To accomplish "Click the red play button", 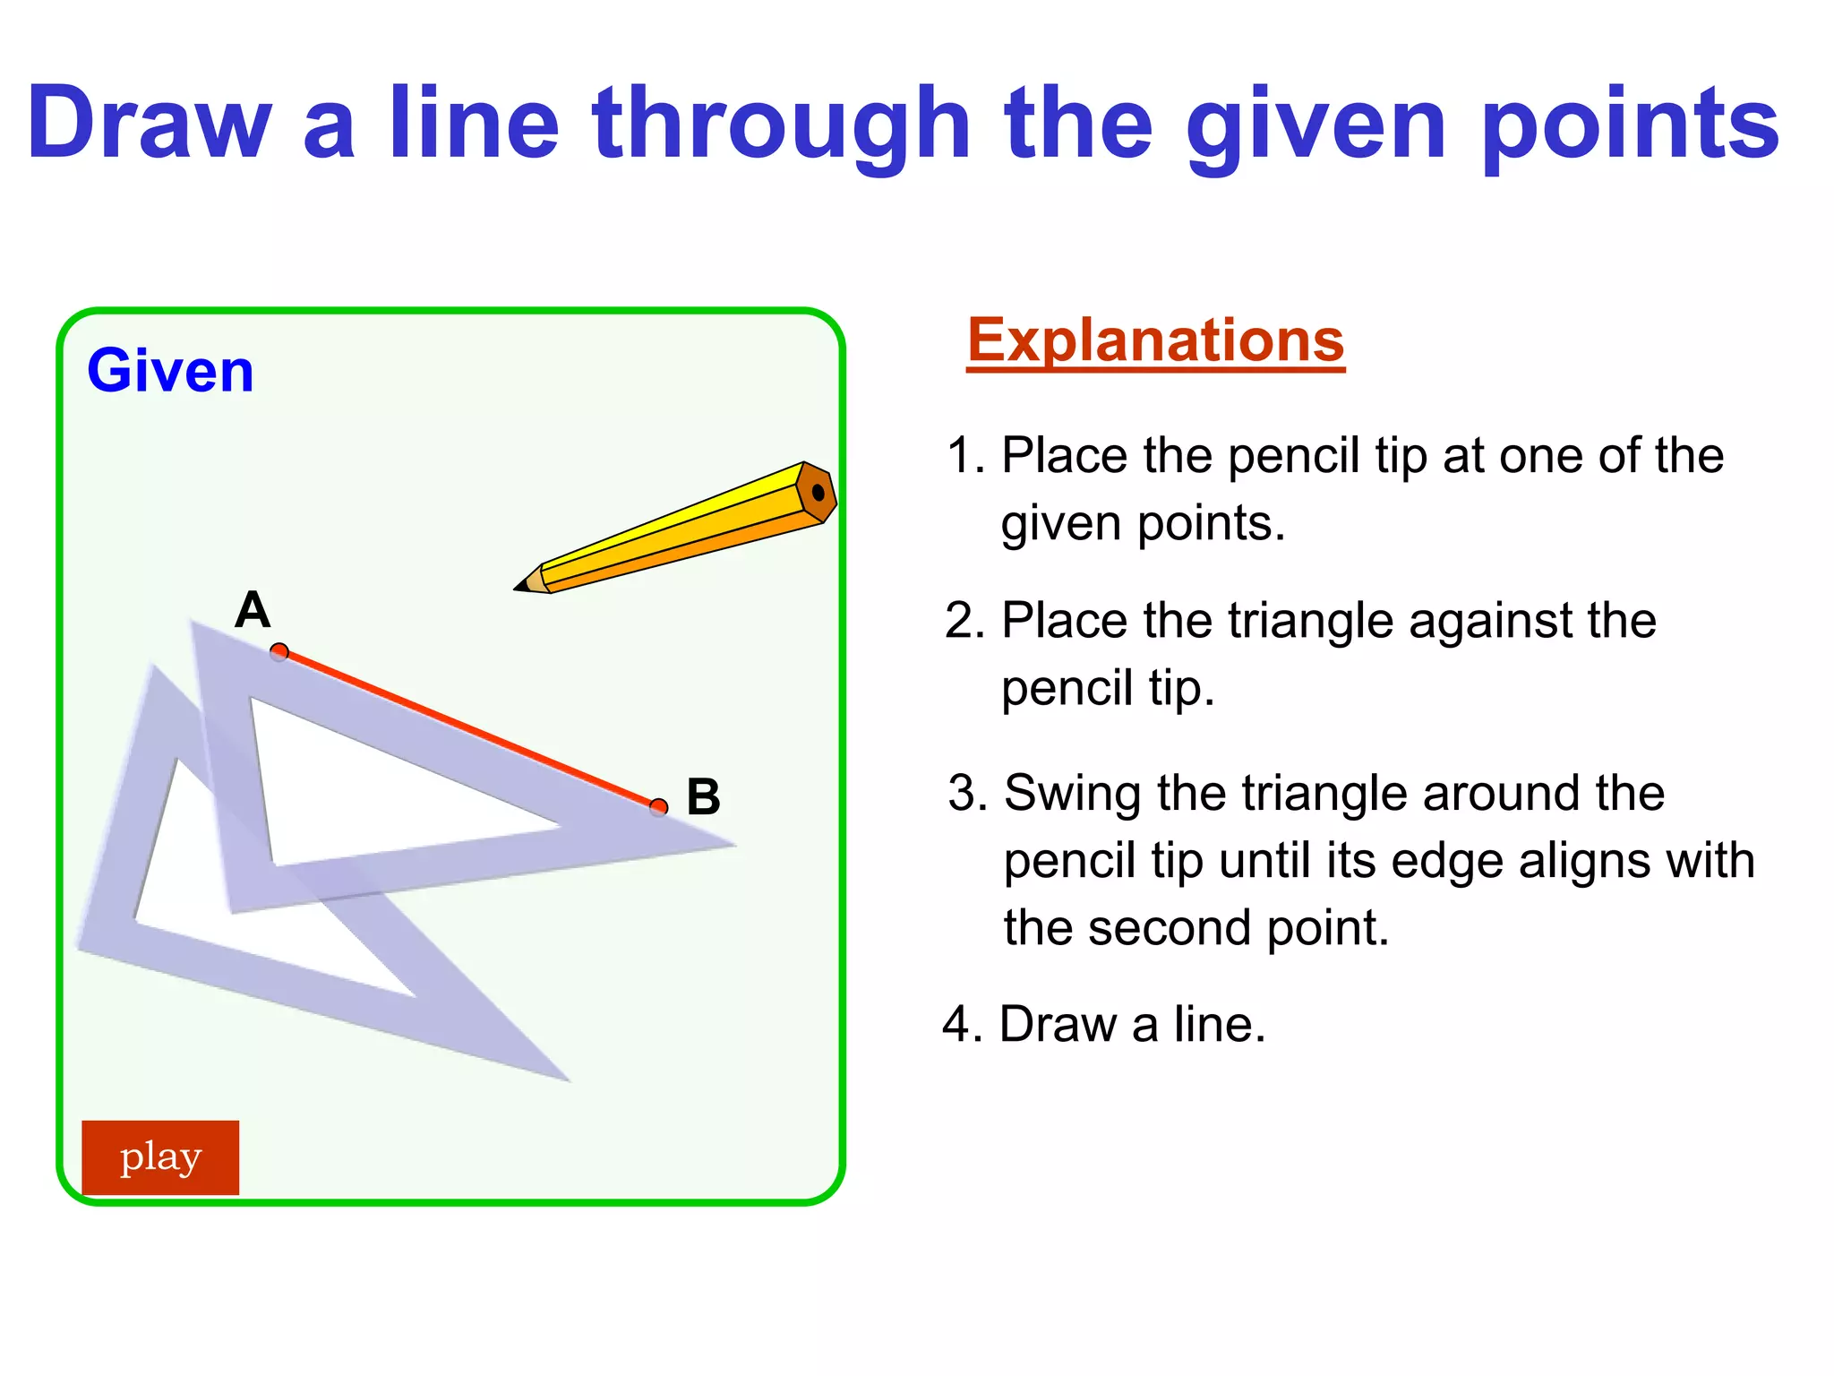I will point(160,1157).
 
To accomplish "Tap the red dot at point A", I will point(279,651).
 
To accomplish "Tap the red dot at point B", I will point(659,807).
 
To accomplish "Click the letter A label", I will point(253,610).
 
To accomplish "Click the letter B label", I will point(703,796).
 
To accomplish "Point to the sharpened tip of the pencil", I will point(517,589).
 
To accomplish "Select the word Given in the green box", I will point(170,371).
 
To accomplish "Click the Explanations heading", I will point(1155,340).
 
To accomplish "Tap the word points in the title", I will point(1630,125).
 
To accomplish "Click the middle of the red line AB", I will point(469,729).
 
